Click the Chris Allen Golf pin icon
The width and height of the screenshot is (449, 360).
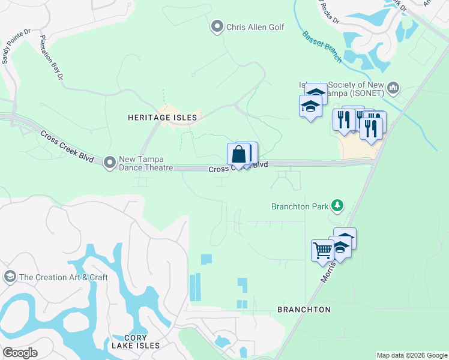pyautogui.click(x=217, y=26)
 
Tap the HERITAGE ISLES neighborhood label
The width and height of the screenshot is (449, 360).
pyautogui.click(x=162, y=118)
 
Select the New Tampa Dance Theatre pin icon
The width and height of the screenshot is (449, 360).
pyautogui.click(x=109, y=162)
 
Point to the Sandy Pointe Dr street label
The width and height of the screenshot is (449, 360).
pyautogui.click(x=15, y=46)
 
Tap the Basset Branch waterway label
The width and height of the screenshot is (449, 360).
pyautogui.click(x=322, y=47)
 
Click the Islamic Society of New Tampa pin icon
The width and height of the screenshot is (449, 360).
pyautogui.click(x=393, y=89)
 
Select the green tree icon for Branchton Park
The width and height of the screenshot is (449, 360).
pyautogui.click(x=337, y=206)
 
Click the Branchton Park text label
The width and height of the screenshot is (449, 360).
pyautogui.click(x=300, y=206)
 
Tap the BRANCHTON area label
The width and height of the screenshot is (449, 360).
pyautogui.click(x=304, y=310)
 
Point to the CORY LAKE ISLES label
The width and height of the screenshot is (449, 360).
pyautogui.click(x=135, y=341)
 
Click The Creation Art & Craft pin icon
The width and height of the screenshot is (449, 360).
pyautogui.click(x=9, y=277)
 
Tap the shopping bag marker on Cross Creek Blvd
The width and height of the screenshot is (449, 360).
pyautogui.click(x=238, y=154)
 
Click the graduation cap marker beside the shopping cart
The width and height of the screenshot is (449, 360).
pyautogui.click(x=340, y=247)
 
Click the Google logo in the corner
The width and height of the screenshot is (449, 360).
pyautogui.click(x=20, y=352)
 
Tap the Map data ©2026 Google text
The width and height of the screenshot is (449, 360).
pyautogui.click(x=411, y=355)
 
